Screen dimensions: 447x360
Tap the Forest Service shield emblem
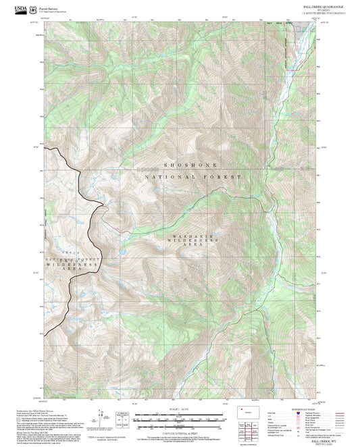(x=34, y=9)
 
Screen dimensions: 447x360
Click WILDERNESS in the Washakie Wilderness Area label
(x=197, y=240)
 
